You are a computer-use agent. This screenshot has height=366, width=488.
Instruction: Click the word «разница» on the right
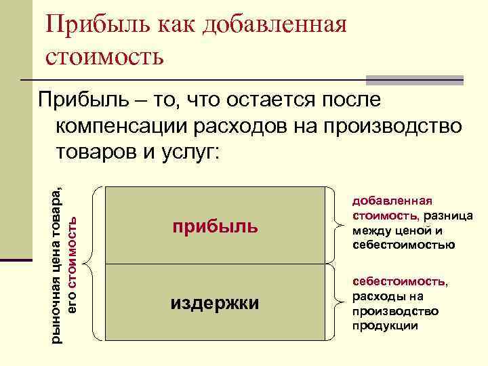(x=447, y=215)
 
